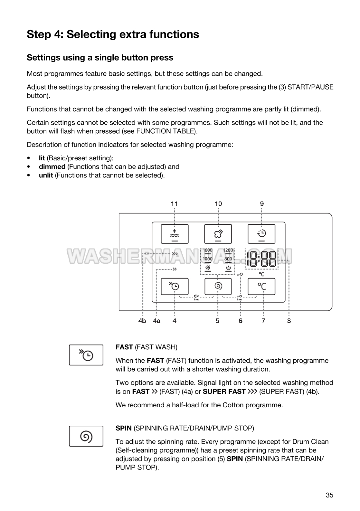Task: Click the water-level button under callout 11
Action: pos(175,234)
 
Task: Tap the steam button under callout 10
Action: pos(218,234)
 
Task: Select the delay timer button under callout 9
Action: pos(261,234)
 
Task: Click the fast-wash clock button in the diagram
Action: pos(175,286)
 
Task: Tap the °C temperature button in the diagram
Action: pos(261,286)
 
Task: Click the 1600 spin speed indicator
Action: pos(208,250)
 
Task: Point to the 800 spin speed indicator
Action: pos(228,259)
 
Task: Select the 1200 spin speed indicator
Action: pos(228,250)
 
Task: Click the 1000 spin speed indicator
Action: pos(208,259)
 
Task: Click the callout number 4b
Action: pos(142,321)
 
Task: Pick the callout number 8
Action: pos(289,321)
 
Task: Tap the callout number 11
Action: pos(174,203)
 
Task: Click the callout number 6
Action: pos(241,321)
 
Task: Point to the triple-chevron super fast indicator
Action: pos(175,254)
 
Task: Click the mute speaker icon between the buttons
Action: pos(196,296)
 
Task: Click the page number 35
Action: pos(329,495)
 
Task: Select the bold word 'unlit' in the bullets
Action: pos(46,175)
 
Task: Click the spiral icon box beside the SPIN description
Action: pos(86,436)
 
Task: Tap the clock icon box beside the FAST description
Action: pos(86,355)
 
